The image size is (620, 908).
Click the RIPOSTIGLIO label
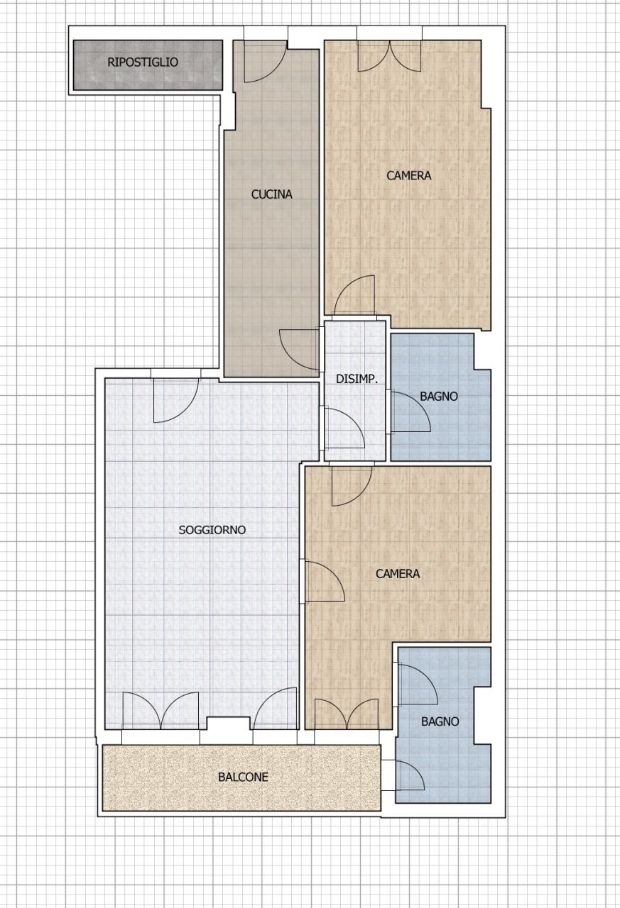point(143,62)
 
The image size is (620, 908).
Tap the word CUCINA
point(271,194)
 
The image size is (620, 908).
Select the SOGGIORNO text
point(212,530)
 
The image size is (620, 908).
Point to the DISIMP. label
point(357,380)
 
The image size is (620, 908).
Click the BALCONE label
point(243,777)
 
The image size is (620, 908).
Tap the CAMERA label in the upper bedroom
point(408,175)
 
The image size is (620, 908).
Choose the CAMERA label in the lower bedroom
point(398,574)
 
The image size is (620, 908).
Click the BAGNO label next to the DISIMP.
point(439,397)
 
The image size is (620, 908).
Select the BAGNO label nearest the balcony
point(440,721)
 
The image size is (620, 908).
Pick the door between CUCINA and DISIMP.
point(299,350)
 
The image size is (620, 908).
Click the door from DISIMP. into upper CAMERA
point(354,296)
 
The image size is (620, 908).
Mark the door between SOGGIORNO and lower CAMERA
point(323,581)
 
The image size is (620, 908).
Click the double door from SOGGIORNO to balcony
point(161,710)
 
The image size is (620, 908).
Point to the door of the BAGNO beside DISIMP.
point(410,411)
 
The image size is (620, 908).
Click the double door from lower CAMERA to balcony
point(347,714)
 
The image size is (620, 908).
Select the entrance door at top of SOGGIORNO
point(175,401)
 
